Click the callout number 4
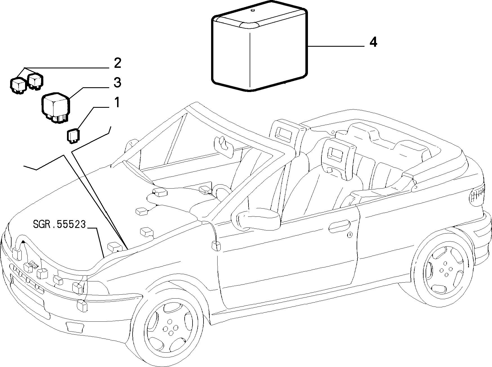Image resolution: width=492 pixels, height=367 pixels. (x=373, y=42)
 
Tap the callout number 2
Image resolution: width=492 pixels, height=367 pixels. (x=117, y=63)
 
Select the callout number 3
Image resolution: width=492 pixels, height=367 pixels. (x=117, y=83)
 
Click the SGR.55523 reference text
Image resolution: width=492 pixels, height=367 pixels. (x=59, y=224)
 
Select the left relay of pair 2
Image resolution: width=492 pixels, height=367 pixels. (x=19, y=84)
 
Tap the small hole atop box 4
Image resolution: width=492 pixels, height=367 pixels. (x=252, y=11)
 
